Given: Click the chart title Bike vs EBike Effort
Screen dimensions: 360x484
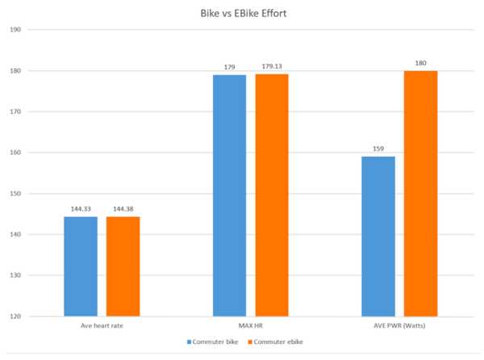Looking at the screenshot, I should [x=241, y=14].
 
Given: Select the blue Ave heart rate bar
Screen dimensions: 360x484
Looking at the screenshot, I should [x=81, y=266].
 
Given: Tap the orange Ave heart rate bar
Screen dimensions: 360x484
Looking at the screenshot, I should [x=123, y=266].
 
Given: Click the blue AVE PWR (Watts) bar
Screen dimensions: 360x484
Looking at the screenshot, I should [x=378, y=236].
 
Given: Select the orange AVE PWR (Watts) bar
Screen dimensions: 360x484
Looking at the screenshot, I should [x=420, y=194].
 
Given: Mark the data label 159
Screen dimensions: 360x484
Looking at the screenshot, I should [x=378, y=149].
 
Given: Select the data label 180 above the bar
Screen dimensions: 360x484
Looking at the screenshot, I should [x=420, y=64].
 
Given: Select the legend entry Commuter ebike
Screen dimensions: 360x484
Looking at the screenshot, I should [x=278, y=342].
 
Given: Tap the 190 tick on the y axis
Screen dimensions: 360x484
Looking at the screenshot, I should [x=15, y=30].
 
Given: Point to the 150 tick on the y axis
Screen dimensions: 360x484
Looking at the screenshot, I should [x=15, y=194].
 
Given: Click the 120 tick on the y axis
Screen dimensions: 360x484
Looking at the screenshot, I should [x=15, y=316].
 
